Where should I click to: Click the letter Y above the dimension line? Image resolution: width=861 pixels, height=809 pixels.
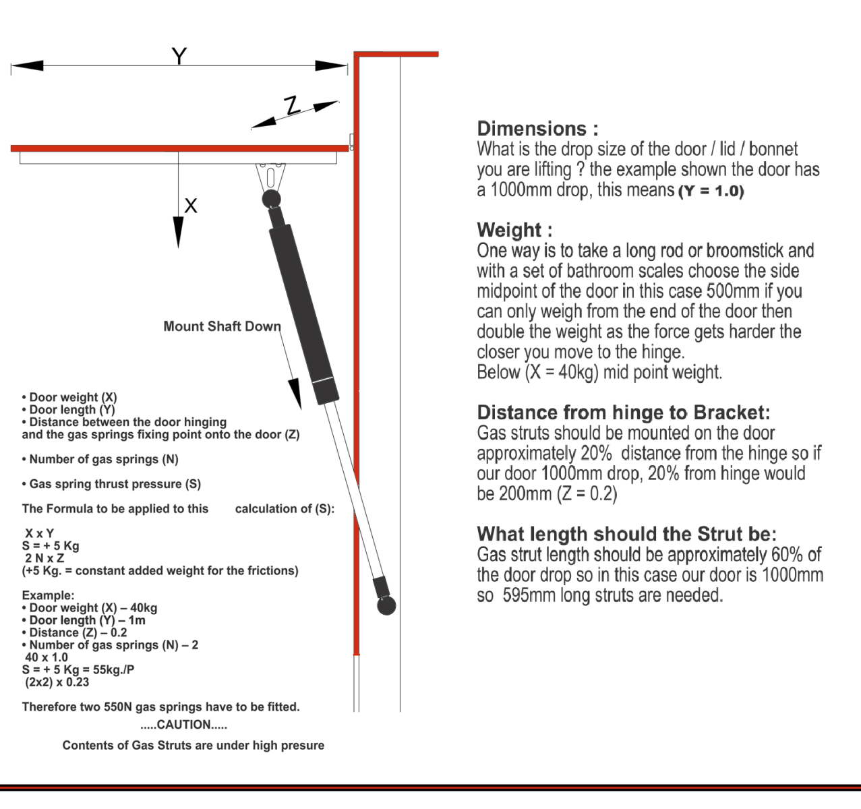tap(179, 55)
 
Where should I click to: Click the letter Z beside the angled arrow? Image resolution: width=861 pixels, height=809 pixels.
tap(292, 106)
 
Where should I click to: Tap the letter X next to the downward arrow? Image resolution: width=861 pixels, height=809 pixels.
tap(191, 206)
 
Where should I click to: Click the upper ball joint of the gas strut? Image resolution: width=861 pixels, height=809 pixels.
tap(271, 198)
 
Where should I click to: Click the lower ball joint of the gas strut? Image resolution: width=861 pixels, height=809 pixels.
tap(386, 605)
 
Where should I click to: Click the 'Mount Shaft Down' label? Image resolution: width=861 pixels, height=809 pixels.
tap(222, 326)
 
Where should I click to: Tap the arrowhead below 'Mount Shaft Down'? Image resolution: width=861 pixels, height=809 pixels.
tap(295, 394)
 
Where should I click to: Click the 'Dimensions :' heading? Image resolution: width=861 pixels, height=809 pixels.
tap(537, 129)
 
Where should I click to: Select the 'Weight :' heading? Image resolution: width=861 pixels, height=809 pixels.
tap(514, 230)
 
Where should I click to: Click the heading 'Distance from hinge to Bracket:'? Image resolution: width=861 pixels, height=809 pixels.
tap(623, 413)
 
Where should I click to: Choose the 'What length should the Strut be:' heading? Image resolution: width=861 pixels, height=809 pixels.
tap(626, 534)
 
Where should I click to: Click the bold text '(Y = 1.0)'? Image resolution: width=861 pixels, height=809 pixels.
tap(711, 191)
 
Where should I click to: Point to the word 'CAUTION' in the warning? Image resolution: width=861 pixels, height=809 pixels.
tap(183, 725)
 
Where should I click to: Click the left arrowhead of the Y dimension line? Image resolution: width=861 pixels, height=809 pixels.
tap(27, 66)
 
